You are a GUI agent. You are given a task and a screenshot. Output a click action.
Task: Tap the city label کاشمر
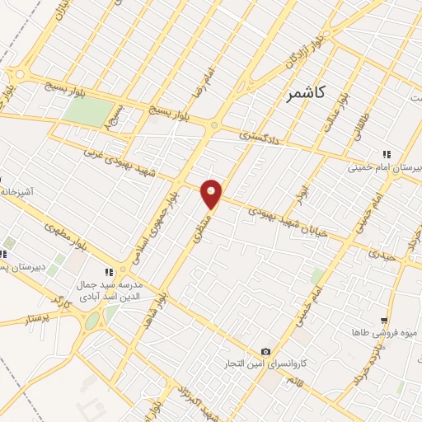click(305, 94)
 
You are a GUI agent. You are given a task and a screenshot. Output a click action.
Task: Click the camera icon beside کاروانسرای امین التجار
click(265, 352)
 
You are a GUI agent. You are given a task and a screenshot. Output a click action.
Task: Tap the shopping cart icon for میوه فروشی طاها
click(384, 321)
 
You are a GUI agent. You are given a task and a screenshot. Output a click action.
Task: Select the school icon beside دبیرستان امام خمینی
click(384, 153)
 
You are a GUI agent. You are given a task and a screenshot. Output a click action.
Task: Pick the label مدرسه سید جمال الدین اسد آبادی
click(110, 289)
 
